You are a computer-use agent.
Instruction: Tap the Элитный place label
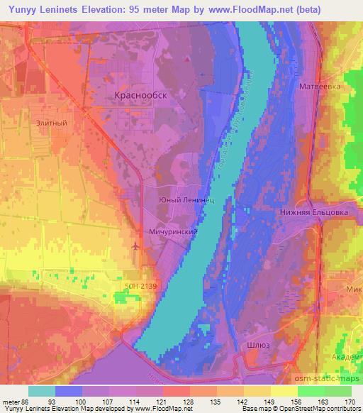pyautogui.click(x=51, y=122)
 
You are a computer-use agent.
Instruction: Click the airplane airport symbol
pyautogui.click(x=136, y=246)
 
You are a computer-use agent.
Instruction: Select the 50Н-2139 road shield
pyautogui.click(x=133, y=285)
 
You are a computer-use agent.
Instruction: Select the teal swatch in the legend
pyautogui.click(x=42, y=391)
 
